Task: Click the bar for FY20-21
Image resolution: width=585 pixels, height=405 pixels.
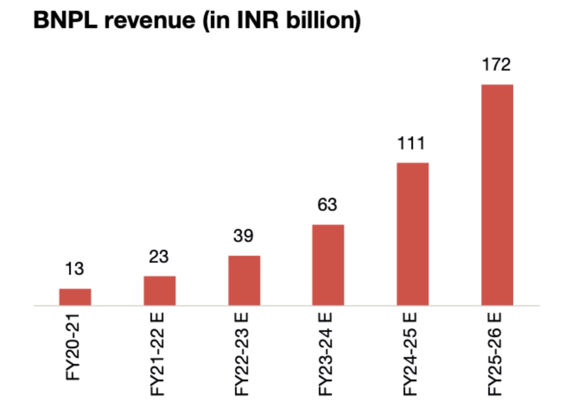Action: [75, 297]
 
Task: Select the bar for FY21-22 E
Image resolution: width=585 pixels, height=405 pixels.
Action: [159, 291]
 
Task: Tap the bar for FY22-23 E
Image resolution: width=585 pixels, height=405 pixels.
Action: [244, 280]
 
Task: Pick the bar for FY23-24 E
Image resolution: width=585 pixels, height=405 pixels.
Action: [328, 265]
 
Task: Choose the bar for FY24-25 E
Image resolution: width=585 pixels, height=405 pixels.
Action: [413, 234]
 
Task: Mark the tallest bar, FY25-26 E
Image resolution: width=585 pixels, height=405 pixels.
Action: [497, 195]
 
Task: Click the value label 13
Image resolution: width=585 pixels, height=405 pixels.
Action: [74, 269]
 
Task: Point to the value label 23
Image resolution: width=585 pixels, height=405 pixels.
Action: [159, 257]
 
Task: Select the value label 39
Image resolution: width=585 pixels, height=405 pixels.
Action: [243, 236]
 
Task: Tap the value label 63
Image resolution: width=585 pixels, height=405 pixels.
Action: [327, 205]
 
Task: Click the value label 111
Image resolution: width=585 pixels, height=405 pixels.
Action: [411, 143]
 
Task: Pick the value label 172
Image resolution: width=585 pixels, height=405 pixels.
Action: [496, 64]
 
